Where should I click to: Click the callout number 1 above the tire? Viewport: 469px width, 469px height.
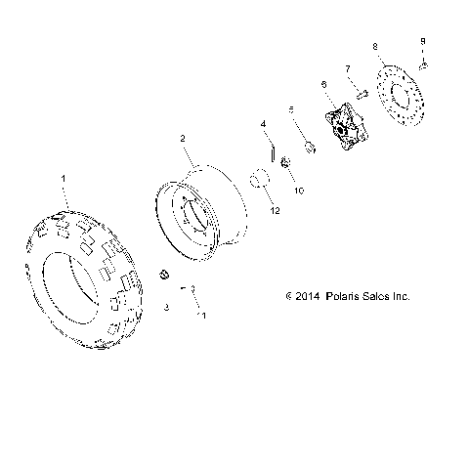click(64, 180)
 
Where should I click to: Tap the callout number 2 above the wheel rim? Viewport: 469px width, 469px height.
click(182, 140)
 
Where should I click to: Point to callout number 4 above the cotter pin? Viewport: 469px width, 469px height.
click(263, 124)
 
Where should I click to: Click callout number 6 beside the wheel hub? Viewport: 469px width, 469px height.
click(323, 86)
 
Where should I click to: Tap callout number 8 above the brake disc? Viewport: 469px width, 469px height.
click(376, 46)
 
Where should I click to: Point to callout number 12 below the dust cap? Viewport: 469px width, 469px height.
click(276, 211)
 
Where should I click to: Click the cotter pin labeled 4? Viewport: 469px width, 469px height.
click(272, 154)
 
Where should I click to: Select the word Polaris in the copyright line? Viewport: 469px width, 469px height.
click(344, 295)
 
